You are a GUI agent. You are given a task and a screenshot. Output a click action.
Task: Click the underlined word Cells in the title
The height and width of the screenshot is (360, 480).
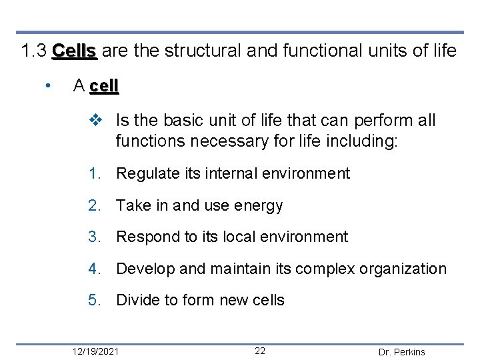point(75,51)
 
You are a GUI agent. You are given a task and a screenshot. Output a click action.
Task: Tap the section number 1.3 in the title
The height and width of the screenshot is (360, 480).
point(33,51)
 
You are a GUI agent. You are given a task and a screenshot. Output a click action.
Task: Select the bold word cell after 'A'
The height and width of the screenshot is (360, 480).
point(103,86)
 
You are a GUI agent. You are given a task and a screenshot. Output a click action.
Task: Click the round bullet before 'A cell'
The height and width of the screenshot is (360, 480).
point(48,86)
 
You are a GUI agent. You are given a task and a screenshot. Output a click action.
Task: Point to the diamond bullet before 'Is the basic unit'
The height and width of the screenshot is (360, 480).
point(95,121)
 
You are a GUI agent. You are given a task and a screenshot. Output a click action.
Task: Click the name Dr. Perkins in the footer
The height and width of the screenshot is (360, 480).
point(401,352)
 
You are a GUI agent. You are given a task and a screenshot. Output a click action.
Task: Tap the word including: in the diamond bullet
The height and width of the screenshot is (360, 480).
point(364,141)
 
